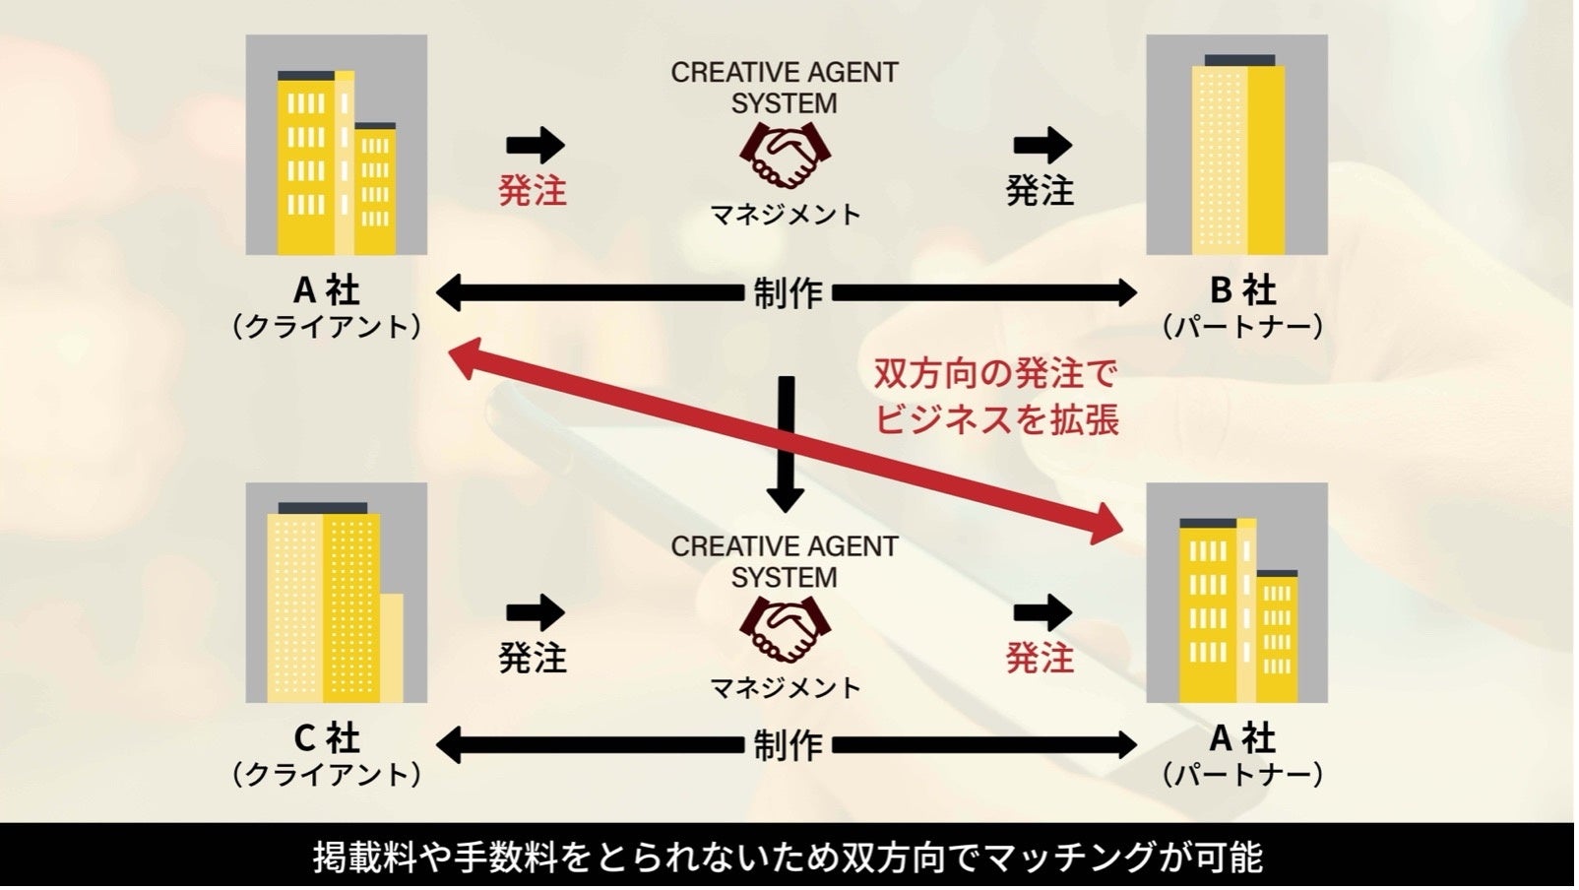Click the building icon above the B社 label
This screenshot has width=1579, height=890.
coord(1237,146)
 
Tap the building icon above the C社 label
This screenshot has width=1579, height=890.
coord(336,593)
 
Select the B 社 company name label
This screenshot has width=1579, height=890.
coord(1242,290)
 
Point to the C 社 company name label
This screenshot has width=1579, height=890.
coord(327,737)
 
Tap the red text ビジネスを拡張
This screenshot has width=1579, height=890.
coord(996,419)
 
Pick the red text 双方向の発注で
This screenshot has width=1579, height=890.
coord(996,374)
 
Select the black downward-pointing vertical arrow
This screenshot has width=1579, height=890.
coord(785,443)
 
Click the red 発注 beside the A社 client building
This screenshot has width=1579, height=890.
coord(533,190)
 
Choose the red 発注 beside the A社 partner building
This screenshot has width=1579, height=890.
coord(1040,657)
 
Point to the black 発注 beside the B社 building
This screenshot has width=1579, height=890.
coord(1040,190)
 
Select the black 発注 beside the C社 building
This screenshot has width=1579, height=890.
coord(533,657)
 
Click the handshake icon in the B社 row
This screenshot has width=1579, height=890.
coord(785,156)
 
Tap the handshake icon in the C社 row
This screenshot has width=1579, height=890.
coord(785,630)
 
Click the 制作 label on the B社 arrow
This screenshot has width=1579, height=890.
coord(788,292)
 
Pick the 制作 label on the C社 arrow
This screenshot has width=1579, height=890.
coord(788,745)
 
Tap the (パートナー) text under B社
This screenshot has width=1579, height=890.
coord(1242,326)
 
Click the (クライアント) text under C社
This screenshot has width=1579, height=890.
coord(327,774)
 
